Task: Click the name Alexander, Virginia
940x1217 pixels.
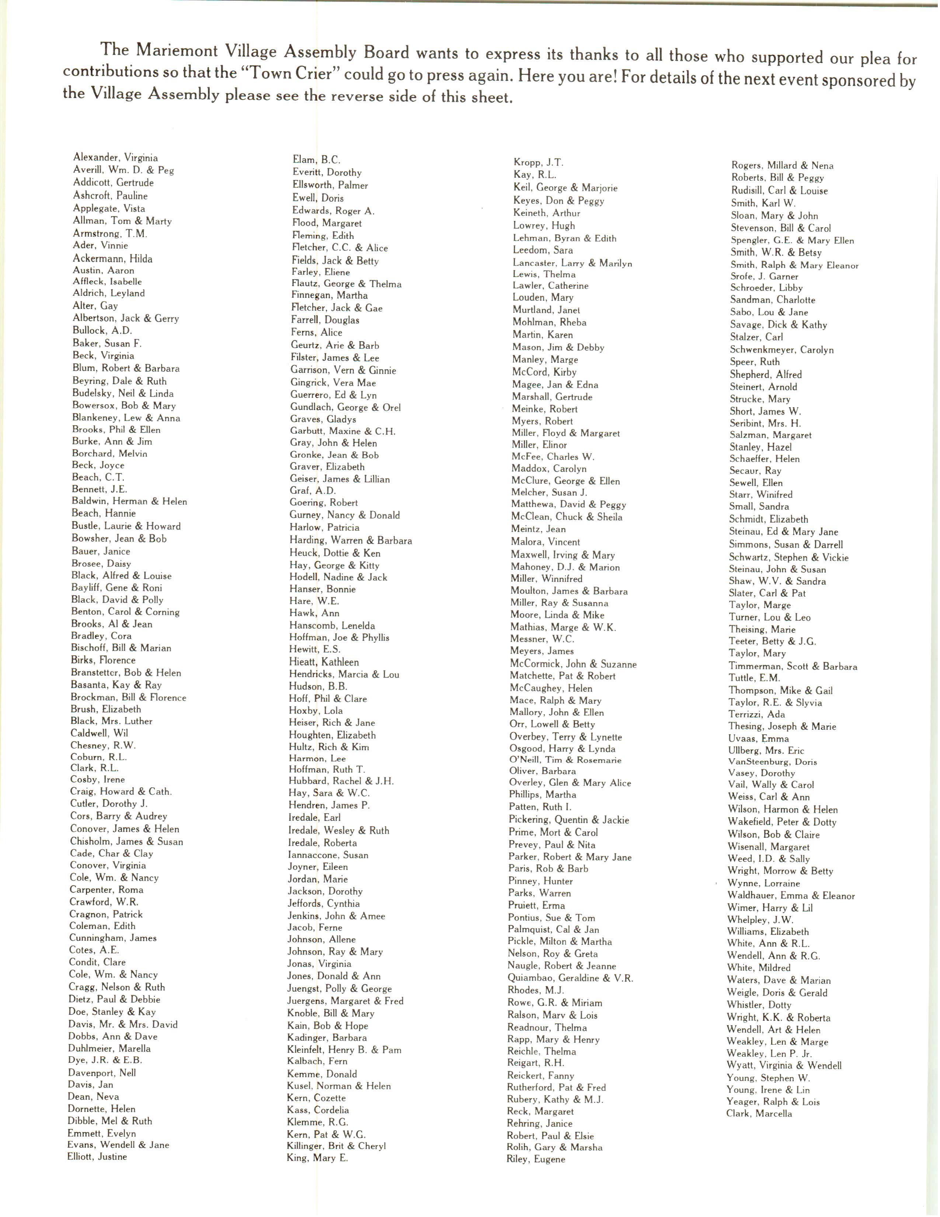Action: pos(115,158)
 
